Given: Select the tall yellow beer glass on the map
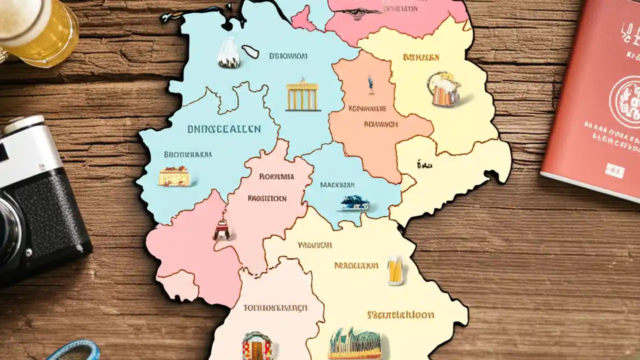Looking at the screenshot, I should pos(395,271).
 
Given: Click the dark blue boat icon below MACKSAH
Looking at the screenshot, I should pos(355,203).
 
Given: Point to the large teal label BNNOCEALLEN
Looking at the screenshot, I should pos(224,129).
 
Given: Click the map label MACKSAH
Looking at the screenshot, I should pos(337,184).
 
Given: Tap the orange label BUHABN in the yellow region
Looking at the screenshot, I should pos(421,57).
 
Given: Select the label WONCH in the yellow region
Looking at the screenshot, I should pos(315,245).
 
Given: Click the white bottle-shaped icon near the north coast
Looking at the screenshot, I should pos(229,53).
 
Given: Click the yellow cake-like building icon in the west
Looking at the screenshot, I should pos(174,176).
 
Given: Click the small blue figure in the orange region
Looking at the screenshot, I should pos(370,84).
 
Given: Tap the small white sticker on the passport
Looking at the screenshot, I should pos(614,170).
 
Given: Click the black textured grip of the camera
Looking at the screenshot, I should pos(55,220).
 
